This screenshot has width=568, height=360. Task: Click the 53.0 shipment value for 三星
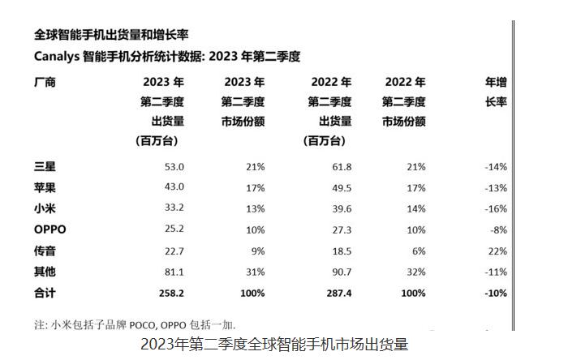click(x=174, y=167)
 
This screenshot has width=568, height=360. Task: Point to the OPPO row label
click(x=50, y=229)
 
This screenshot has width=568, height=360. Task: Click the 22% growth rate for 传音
click(x=496, y=251)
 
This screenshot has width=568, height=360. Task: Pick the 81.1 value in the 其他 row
click(x=174, y=272)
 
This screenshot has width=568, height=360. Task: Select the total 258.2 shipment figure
click(x=171, y=292)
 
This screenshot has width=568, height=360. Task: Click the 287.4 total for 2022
click(x=336, y=292)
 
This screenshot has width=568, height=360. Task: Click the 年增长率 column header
click(x=496, y=92)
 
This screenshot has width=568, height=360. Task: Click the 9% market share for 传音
click(x=257, y=251)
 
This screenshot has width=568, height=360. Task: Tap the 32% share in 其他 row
click(x=417, y=272)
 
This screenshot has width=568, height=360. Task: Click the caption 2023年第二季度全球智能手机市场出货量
click(x=274, y=345)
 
